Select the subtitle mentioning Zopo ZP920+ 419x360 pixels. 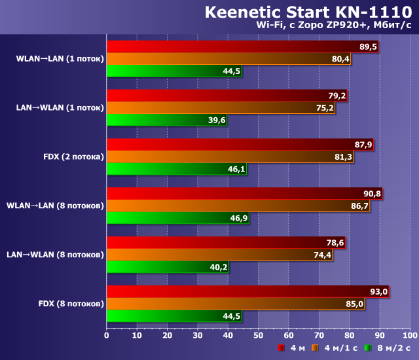(337, 26)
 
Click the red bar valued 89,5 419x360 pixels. (242, 46)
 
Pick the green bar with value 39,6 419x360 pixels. (167, 120)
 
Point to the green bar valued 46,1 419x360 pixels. (177, 169)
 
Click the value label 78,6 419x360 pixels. (335, 243)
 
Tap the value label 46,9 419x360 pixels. (238, 218)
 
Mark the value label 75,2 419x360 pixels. (325, 108)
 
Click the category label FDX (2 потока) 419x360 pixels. (73, 156)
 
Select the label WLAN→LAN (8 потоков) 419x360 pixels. (55, 206)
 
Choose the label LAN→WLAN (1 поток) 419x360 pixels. (60, 107)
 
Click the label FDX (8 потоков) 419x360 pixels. (71, 304)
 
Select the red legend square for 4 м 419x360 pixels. (281, 348)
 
